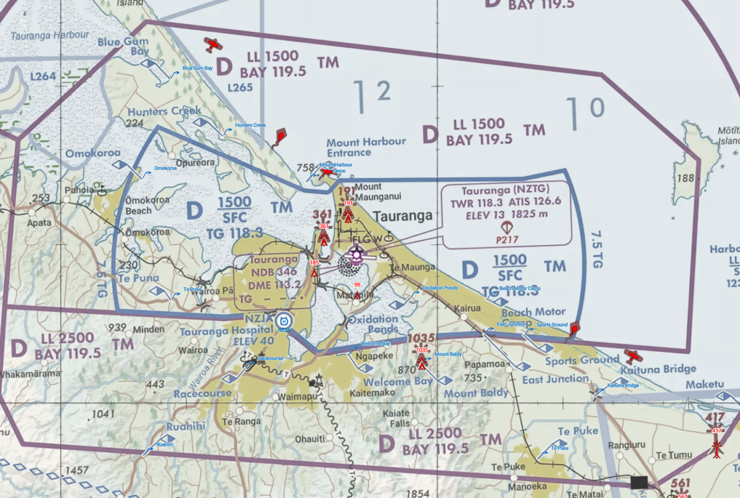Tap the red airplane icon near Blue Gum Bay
[213, 44]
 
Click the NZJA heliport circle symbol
[284, 320]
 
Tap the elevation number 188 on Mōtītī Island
[685, 178]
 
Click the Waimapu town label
[298, 397]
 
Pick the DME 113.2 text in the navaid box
[274, 284]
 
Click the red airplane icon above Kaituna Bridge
[633, 356]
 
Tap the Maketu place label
[703, 384]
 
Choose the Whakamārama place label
[30, 374]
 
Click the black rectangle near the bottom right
[639, 481]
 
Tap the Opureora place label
[195, 163]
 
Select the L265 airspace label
[240, 88]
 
